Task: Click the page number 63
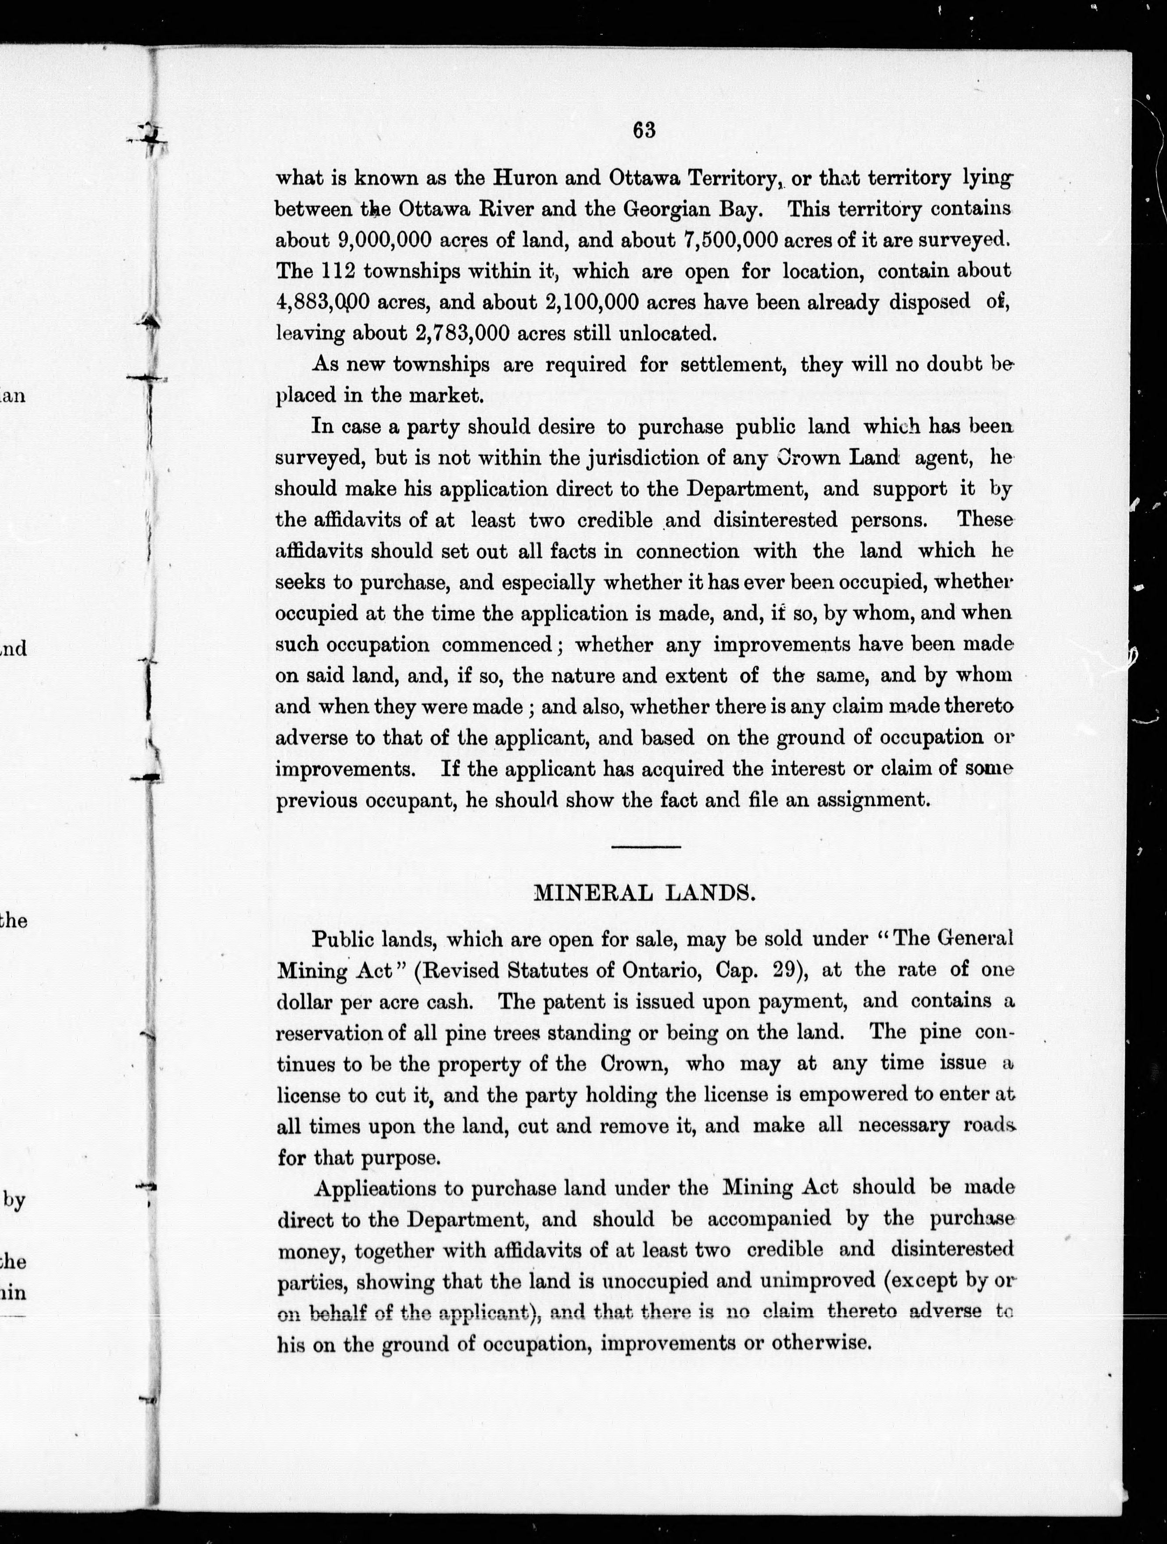[644, 131]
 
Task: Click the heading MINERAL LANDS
[644, 894]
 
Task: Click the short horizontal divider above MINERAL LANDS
[646, 847]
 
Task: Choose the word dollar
[305, 1002]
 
